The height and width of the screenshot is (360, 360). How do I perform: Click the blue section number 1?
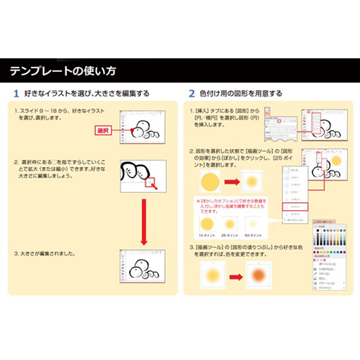pyautogui.click(x=16, y=94)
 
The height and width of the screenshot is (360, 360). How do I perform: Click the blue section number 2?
pyautogui.click(x=192, y=94)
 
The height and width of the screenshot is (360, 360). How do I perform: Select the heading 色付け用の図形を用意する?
pyautogui.click(x=240, y=94)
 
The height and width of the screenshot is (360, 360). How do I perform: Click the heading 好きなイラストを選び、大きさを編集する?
pyautogui.click(x=86, y=94)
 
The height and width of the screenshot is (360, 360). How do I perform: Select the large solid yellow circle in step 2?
pyautogui.click(x=209, y=181)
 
